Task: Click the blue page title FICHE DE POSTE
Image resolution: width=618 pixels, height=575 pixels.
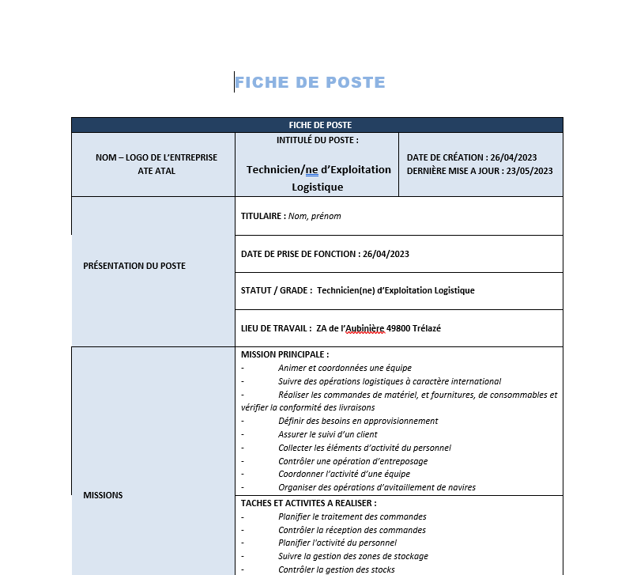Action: pos(310,82)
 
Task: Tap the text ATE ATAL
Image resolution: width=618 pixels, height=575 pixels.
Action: pos(156,171)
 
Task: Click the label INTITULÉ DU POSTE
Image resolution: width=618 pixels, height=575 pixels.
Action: pos(317,140)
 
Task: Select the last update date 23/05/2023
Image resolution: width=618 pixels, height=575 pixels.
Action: pos(529,171)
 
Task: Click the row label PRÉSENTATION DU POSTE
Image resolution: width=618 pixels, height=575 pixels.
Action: pos(134,266)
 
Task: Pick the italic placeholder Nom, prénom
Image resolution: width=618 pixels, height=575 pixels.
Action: pos(315,216)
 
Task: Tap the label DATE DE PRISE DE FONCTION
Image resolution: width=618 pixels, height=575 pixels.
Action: pos(299,254)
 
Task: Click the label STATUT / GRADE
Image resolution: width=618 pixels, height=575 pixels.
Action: pos(276,290)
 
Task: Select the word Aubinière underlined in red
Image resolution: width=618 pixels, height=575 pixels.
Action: pos(363,328)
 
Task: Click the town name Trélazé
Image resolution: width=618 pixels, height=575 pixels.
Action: pos(427,328)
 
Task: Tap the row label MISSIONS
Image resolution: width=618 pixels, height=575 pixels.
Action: pos(103,495)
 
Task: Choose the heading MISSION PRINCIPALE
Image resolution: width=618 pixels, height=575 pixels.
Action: pos(285,354)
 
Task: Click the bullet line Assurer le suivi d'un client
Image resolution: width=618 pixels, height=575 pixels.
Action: pos(328,434)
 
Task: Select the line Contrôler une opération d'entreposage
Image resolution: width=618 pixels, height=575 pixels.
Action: pos(352,461)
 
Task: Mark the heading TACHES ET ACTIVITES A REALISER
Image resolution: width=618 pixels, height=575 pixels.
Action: pos(308,503)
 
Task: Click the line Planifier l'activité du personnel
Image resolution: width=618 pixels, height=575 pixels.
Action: pos(337,543)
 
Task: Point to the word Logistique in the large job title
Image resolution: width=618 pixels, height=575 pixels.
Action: pos(318,187)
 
